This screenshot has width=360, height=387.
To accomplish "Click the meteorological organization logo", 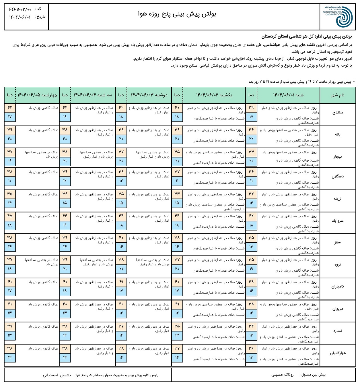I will [338, 17].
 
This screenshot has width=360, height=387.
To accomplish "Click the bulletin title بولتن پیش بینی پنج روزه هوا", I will [177, 14].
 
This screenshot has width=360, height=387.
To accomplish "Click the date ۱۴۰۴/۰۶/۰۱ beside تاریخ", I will [20, 17].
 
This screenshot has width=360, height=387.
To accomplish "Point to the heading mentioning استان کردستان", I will [306, 36].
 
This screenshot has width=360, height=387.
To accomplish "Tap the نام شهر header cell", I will [338, 95].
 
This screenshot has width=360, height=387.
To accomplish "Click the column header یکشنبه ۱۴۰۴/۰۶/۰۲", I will [214, 95].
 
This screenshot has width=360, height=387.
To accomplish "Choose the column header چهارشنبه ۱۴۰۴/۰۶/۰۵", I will [38, 95].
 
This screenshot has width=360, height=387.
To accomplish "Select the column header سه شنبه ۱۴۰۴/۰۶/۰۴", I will [93, 95].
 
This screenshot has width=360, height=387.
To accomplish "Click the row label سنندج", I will [338, 113].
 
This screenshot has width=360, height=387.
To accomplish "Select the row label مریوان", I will [338, 309].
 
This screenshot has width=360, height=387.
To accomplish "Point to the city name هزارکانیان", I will [338, 353].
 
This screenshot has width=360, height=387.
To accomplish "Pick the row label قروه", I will [338, 264].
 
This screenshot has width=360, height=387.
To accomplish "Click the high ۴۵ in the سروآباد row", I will [10, 216].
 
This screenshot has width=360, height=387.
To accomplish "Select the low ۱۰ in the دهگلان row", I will [10, 181].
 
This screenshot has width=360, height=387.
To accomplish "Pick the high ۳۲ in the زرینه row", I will [251, 194].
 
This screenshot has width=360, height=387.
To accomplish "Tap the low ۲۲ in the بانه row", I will [251, 139].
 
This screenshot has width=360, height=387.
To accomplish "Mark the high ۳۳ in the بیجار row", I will [251, 152].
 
